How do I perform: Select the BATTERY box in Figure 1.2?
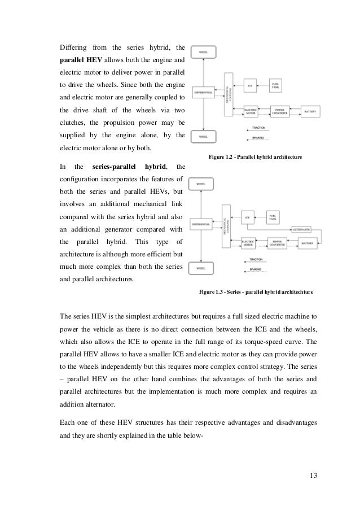(x=311, y=112)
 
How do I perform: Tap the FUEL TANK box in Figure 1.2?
(x=275, y=86)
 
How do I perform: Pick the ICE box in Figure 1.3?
(x=247, y=217)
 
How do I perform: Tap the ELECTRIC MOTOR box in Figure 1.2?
(x=250, y=112)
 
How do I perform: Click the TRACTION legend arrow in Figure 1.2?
(x=257, y=128)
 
